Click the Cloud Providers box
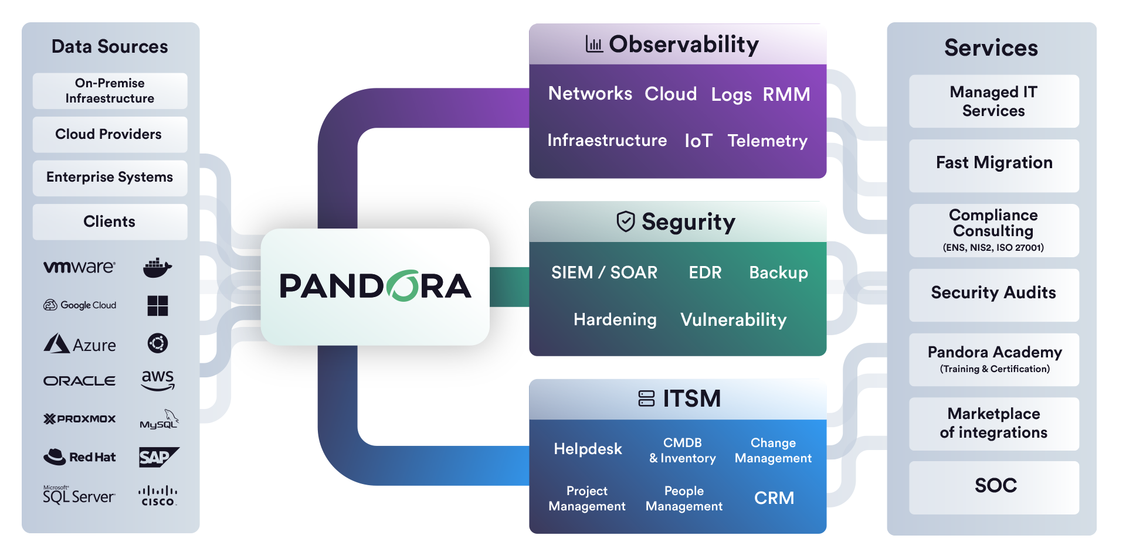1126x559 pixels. pos(110,134)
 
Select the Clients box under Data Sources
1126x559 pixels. pos(110,221)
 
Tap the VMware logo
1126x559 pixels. pos(80,267)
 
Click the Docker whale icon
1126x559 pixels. pos(157,268)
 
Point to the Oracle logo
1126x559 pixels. pos(80,381)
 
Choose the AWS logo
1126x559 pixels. pos(158,380)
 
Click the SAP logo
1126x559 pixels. pos(158,457)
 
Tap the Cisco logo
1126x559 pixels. pos(158,496)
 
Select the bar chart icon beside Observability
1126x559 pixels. pos(594,44)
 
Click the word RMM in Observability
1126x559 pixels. pos(786,94)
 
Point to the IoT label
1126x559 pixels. pos(698,141)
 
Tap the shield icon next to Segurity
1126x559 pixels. pos(626,221)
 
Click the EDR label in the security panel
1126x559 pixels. pos(705,272)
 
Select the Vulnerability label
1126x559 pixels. pos(733,319)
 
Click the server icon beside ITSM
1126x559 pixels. pos(646,398)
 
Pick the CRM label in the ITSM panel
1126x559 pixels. pos(774,498)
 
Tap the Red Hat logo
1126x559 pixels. pos(80,457)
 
